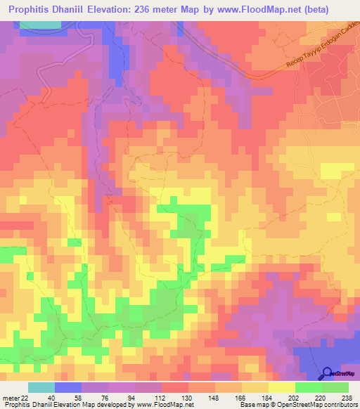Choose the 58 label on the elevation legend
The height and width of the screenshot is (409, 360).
tap(67, 397)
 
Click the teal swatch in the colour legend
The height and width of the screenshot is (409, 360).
tap(41, 387)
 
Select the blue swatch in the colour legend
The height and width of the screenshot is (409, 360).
tap(67, 387)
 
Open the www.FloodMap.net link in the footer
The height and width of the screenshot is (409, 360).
tap(169, 405)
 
